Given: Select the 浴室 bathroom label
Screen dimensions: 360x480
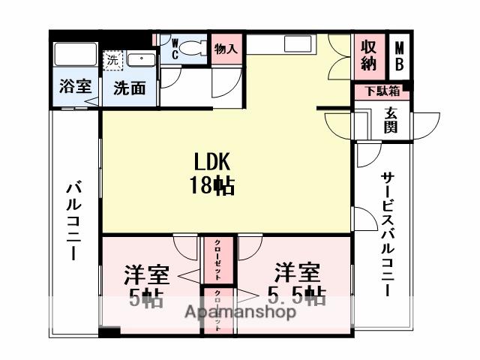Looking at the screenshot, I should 74,88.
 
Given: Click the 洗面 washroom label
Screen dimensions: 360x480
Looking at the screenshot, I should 129,88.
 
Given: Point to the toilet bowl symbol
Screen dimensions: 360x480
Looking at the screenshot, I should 196,49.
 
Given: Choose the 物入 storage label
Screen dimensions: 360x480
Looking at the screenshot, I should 226,50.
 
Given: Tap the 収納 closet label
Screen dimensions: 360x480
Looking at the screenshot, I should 368,54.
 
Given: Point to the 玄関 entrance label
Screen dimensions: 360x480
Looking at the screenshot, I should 391,120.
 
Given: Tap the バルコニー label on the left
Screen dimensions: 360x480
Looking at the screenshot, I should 73,220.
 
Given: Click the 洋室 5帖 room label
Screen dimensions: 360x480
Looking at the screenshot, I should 146,285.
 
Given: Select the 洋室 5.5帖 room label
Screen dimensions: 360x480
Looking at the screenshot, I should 296,283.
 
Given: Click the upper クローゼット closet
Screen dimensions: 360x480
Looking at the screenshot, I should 217,257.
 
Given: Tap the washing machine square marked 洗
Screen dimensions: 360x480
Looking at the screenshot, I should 112,58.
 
